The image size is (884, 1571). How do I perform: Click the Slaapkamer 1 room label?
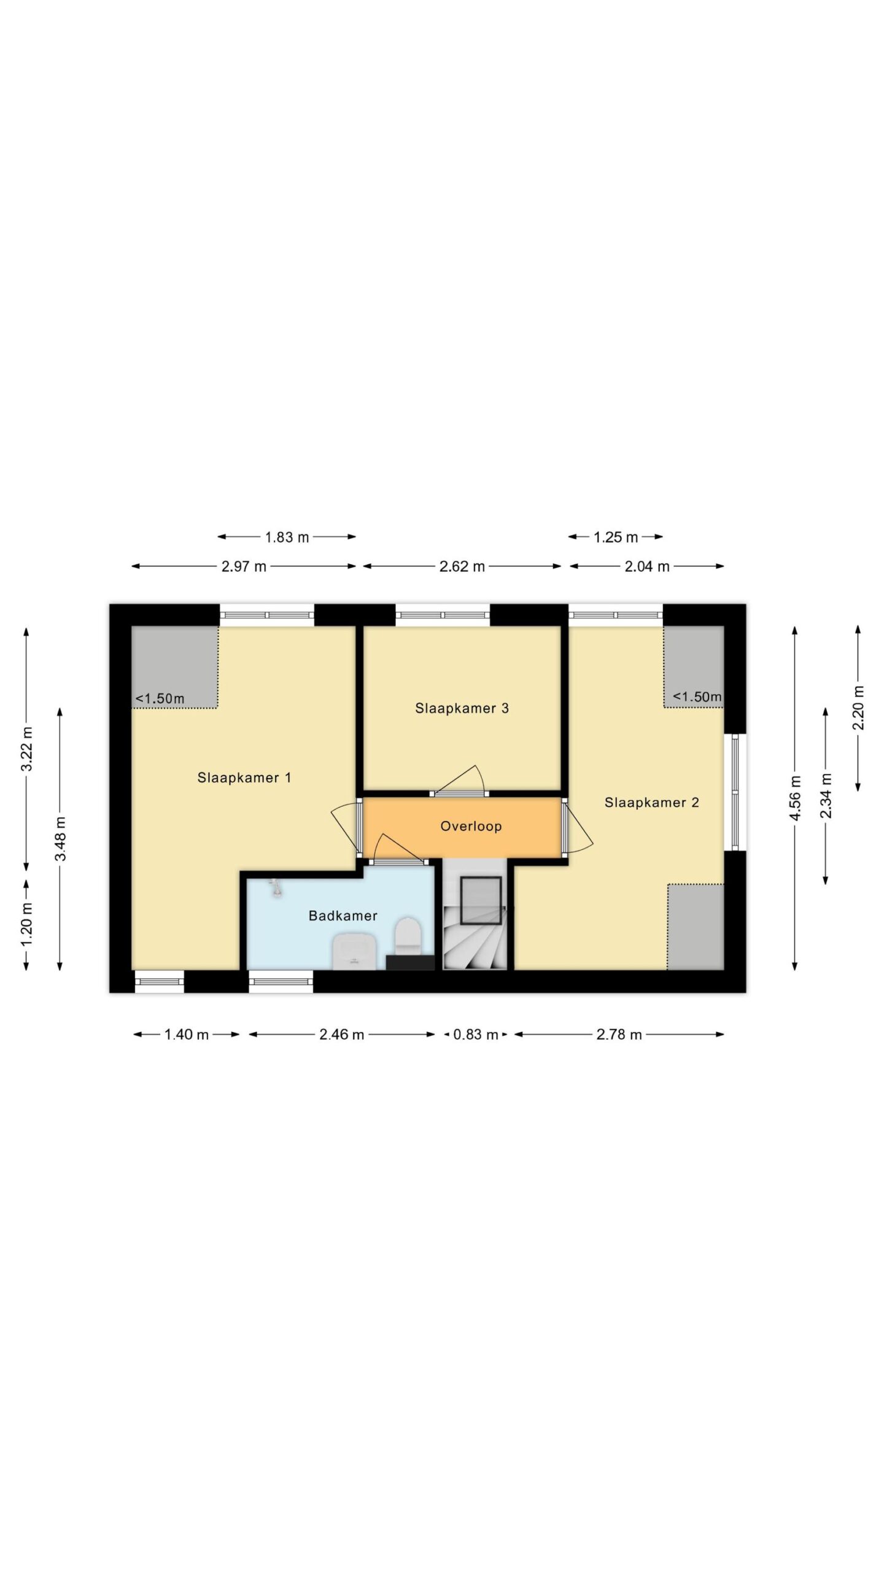pos(244,778)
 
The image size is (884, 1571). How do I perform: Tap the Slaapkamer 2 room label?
pos(651,802)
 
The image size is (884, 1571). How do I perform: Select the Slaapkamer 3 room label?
pos(462,708)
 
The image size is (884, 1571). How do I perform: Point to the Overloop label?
pos(471,826)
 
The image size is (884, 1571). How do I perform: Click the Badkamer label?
pos(343,916)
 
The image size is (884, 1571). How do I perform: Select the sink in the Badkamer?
pos(354,952)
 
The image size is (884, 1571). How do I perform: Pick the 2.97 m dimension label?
pos(244,566)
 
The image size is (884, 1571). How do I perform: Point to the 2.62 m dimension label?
pos(462,566)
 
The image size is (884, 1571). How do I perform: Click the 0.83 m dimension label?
pos(475,1035)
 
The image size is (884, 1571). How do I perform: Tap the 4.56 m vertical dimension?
pos(795,798)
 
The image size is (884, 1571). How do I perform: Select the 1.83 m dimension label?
pos(287,538)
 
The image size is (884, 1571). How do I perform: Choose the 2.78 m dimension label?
pos(619,1035)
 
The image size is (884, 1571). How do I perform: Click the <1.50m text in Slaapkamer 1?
pos(160,698)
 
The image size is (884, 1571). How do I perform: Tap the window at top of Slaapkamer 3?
pos(443,615)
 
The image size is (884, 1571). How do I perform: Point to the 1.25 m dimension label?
pos(616,538)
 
